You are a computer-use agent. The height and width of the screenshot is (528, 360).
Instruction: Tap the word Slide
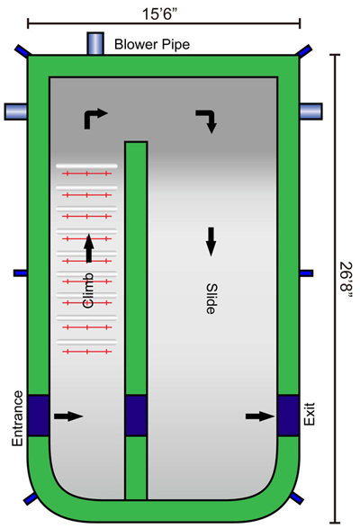click(210, 296)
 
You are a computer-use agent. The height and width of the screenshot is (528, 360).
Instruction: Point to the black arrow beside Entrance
click(67, 416)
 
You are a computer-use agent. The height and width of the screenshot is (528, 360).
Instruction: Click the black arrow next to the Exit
click(260, 416)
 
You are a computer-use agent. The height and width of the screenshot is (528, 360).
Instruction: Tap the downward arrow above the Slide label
click(211, 239)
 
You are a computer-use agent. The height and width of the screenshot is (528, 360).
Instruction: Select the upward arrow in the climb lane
click(88, 245)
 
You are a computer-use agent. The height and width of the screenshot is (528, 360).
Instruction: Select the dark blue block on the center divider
click(136, 407)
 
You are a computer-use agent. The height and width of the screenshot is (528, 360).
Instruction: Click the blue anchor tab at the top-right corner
click(305, 50)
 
